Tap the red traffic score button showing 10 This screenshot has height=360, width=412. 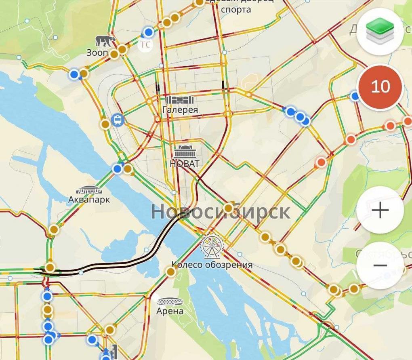(380, 87)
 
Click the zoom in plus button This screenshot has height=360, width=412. (380, 211)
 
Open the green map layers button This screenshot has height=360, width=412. (380, 32)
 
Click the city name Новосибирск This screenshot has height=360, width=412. (221, 212)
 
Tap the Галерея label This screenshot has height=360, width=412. (180, 110)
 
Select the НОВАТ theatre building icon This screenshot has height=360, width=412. (185, 152)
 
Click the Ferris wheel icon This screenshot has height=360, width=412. (212, 246)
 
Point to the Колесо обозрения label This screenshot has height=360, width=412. (212, 265)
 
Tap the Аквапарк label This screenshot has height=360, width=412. (89, 200)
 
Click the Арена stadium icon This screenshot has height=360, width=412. (170, 301)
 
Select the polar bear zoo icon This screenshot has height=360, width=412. (105, 41)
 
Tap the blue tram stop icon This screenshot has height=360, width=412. (118, 120)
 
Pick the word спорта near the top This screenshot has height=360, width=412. (236, 9)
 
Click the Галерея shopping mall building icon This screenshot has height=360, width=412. (180, 100)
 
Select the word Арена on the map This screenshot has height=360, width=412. (170, 311)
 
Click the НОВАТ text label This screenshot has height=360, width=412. (185, 164)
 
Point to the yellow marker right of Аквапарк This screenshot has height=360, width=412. (128, 169)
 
